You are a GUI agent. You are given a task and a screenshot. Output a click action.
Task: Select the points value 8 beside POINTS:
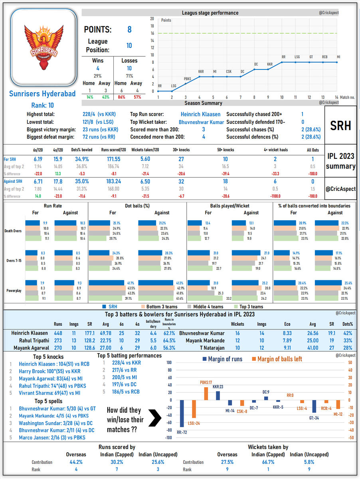(x=129, y=30)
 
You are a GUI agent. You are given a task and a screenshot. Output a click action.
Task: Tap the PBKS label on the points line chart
(x=187, y=79)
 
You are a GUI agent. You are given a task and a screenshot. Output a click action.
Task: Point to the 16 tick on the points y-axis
(x=152, y=33)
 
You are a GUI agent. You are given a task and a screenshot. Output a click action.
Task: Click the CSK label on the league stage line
(x=229, y=71)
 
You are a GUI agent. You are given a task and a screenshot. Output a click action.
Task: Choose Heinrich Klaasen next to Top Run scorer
(x=200, y=115)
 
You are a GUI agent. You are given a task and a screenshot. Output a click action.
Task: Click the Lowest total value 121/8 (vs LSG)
(x=100, y=122)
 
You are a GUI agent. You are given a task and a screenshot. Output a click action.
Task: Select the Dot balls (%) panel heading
(x=137, y=206)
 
